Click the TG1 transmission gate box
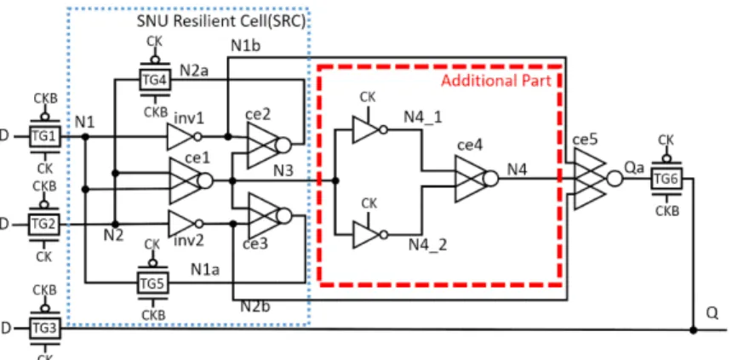45,136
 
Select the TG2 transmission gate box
44,225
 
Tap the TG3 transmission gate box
44,329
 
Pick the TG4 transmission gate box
155,80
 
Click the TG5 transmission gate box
152,283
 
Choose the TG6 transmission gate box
666,180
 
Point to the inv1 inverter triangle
183,137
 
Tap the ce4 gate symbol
476,179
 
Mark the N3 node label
283,170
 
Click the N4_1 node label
422,118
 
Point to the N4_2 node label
427,244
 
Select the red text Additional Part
496,81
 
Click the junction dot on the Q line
693,330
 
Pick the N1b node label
246,45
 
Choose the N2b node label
256,306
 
